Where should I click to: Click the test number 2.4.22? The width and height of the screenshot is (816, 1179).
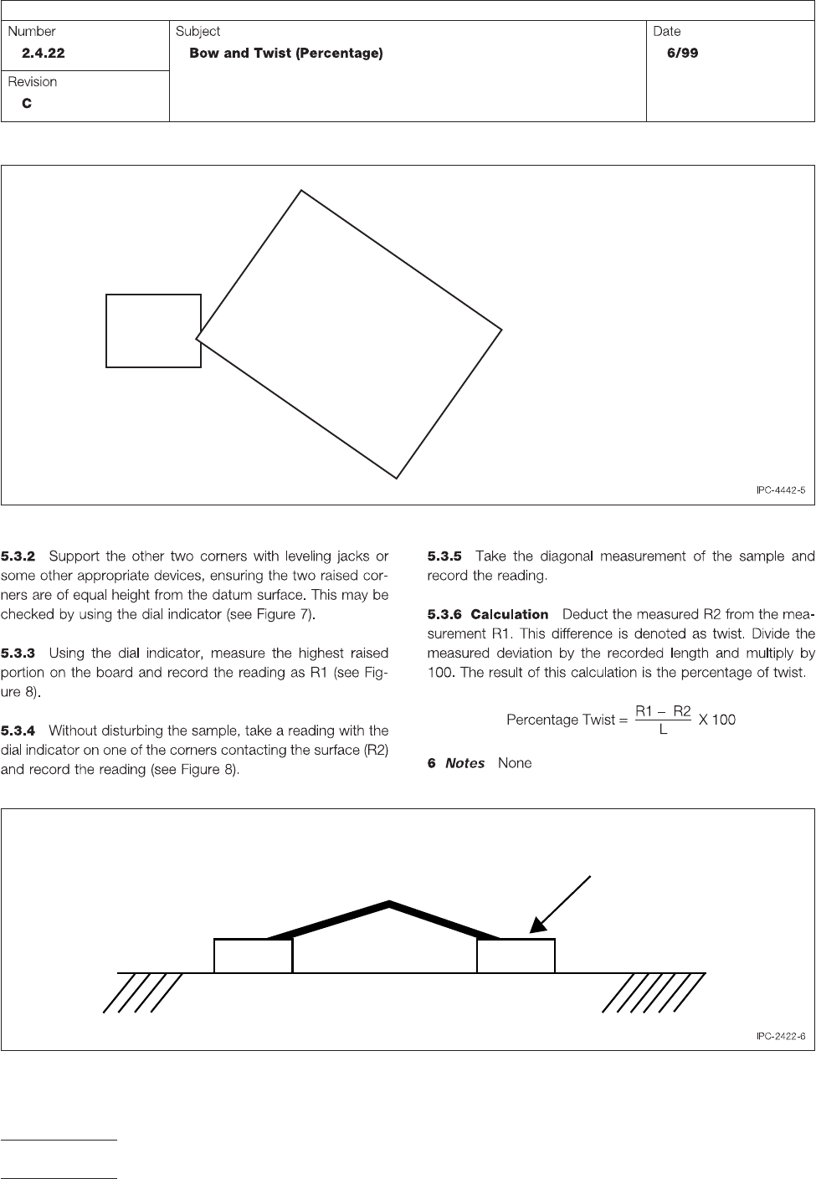(44, 54)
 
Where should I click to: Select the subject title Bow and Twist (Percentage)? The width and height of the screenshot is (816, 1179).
(286, 54)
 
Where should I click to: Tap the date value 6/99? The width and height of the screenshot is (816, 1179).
(678, 54)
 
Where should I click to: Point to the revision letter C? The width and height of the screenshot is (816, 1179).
(27, 104)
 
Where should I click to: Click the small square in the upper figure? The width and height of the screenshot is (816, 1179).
(153, 331)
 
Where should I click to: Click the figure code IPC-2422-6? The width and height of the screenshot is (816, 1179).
(780, 1037)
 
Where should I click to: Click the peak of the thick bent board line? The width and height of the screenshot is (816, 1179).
(389, 903)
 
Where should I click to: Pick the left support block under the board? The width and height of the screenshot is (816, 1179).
(253, 956)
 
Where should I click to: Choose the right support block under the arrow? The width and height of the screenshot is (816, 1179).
(516, 956)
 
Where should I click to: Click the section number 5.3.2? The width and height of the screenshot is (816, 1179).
(18, 556)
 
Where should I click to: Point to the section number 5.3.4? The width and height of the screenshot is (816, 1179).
(18, 730)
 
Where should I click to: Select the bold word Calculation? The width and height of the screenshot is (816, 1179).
(510, 614)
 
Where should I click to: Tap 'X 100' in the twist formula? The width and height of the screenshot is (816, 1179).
(717, 720)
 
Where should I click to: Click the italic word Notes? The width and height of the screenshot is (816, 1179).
(465, 763)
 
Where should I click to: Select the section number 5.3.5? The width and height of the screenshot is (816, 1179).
(444, 556)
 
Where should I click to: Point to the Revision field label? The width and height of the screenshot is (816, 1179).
(33, 82)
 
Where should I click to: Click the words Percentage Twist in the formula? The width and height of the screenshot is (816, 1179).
(561, 720)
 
